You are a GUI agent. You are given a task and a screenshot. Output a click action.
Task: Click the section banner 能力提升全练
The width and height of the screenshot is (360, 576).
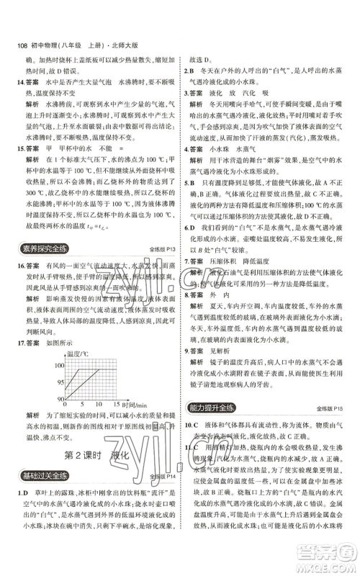pyautogui.click(x=212, y=410)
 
